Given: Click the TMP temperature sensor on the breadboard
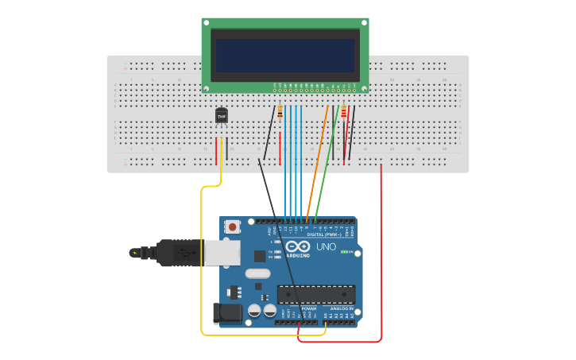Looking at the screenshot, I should point(222,116).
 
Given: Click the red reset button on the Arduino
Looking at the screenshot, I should point(232,226).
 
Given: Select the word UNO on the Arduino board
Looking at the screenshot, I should point(326,247).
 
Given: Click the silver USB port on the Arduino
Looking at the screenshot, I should point(222,253).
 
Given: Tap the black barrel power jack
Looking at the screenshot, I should point(228,312).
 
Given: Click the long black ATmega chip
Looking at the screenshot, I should point(315,294).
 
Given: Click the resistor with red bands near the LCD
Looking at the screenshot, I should point(343,114).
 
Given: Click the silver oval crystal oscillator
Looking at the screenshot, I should point(257,273).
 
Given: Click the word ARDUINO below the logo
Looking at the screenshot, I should point(298,255).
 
